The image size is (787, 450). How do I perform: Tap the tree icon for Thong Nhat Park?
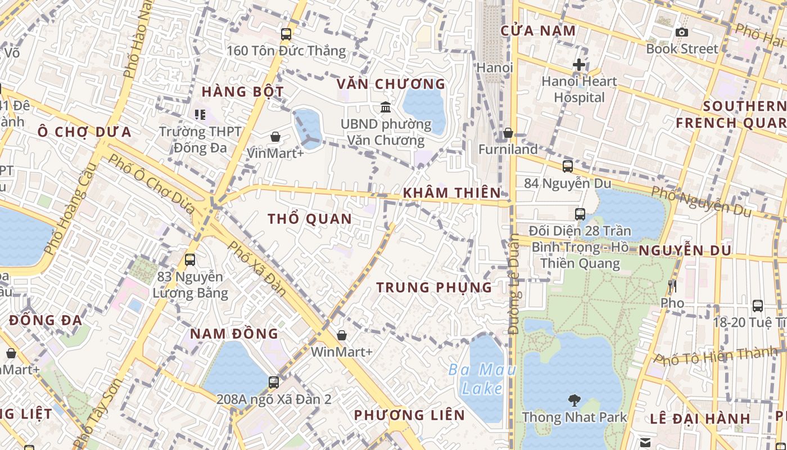[x=574, y=400]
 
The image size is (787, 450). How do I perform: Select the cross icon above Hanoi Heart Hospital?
[x=578, y=65]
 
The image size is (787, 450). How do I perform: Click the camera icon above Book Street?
[x=681, y=33]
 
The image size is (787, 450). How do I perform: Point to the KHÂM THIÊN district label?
[x=451, y=193]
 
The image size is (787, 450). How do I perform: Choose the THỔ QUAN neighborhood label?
[x=310, y=219]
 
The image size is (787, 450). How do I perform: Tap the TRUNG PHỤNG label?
[x=434, y=287]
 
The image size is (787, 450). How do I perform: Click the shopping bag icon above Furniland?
[x=508, y=133]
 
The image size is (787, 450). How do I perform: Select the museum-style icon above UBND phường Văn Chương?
[x=386, y=107]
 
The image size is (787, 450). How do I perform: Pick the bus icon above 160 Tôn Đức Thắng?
[x=286, y=34]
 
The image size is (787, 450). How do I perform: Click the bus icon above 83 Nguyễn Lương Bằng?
[x=190, y=260]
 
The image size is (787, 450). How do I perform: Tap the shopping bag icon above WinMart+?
[x=341, y=336]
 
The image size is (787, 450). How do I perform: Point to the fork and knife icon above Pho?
[x=672, y=287]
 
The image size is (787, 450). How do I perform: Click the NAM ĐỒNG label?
[x=234, y=334]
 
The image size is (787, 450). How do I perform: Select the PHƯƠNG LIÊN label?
[x=409, y=416]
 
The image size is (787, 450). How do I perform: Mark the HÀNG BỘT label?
[x=242, y=92]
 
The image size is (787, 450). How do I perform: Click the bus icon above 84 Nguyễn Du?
[x=568, y=166]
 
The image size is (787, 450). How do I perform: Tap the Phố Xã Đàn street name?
[x=257, y=269]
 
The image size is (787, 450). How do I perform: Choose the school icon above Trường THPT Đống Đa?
[x=200, y=115]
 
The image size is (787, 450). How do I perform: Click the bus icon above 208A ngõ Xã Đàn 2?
[x=274, y=382]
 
